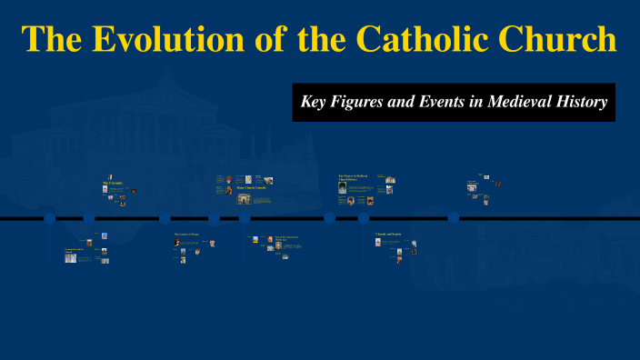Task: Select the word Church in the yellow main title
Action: point(555,39)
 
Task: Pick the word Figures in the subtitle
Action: point(358,103)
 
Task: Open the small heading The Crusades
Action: point(113,184)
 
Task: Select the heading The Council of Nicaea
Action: point(185,235)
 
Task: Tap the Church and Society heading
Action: point(388,235)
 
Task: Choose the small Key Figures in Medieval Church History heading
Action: point(353,176)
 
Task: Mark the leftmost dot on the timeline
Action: point(49,218)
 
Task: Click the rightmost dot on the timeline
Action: point(453,218)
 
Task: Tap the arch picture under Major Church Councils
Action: point(244,199)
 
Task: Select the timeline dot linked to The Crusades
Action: point(89,218)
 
